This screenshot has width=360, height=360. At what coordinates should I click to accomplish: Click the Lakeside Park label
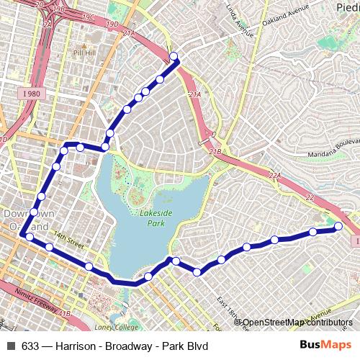pyautogui.click(x=152, y=218)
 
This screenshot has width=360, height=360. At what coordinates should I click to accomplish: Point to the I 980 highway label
pyautogui.click(x=31, y=93)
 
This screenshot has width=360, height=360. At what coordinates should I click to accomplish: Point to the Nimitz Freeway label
pyautogui.click(x=36, y=301)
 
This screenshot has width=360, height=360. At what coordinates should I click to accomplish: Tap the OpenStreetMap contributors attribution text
pyautogui.click(x=296, y=322)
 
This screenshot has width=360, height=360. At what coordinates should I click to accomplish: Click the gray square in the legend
pyautogui.click(x=11, y=346)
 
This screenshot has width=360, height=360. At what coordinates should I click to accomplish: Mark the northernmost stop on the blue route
pyautogui.click(x=174, y=56)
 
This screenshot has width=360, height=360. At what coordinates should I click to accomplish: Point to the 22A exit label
pyautogui.click(x=274, y=175)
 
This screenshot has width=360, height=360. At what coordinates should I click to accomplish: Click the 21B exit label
pyautogui.click(x=215, y=152)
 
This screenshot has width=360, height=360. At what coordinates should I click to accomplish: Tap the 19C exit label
pyautogui.click(x=88, y=17)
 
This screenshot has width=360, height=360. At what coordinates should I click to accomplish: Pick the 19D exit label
pyautogui.click(x=112, y=24)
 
